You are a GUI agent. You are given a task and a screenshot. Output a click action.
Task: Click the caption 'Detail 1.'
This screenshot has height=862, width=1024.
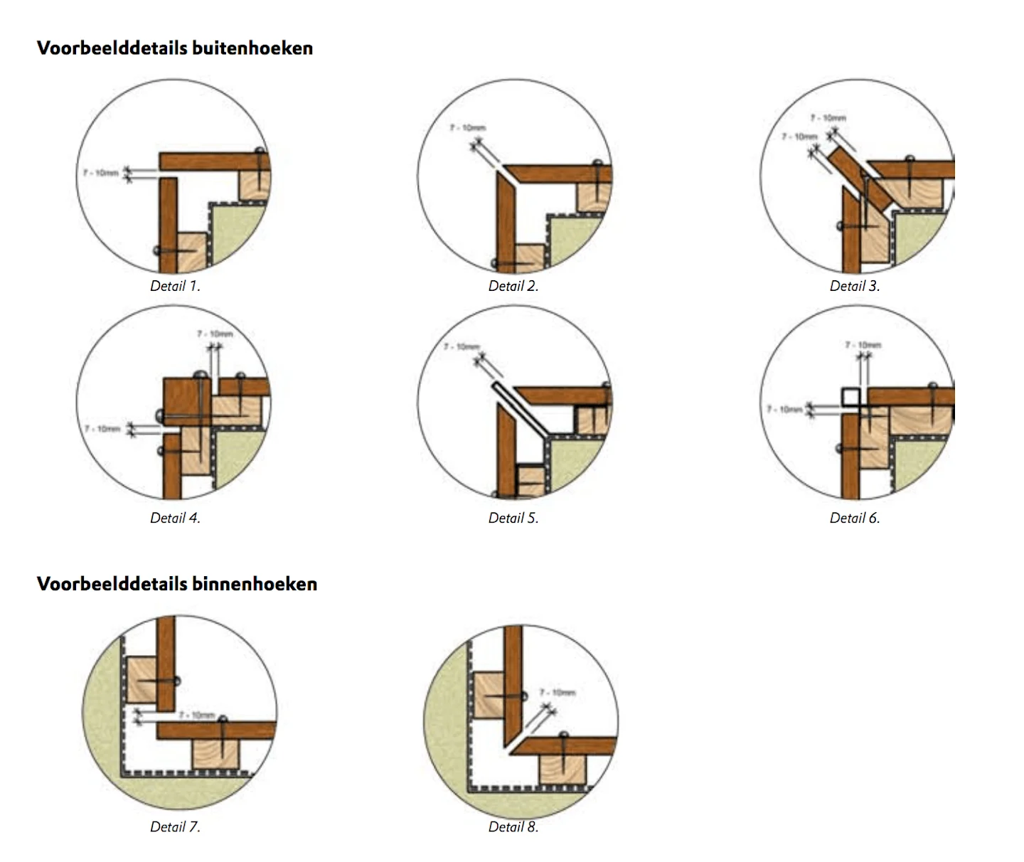(175, 286)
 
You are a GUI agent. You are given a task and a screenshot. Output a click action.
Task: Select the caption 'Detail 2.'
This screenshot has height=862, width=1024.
(513, 286)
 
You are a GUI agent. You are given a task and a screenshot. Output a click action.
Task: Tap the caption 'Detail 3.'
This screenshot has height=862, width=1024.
(855, 286)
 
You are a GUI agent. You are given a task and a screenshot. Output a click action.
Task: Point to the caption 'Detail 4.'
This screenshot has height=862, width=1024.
(175, 518)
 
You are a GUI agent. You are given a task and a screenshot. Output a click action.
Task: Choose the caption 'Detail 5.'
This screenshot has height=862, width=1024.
(513, 518)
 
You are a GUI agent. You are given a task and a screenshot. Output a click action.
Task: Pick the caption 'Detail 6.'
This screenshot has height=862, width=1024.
(855, 518)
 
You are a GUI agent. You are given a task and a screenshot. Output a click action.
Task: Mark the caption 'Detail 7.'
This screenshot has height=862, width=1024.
(175, 826)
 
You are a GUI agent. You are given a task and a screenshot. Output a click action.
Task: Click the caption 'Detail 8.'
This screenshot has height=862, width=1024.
(513, 826)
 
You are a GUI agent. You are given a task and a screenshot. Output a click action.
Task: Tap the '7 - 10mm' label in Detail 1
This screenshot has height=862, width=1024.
(100, 173)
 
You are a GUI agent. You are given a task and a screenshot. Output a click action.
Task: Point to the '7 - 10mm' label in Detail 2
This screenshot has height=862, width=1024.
(467, 128)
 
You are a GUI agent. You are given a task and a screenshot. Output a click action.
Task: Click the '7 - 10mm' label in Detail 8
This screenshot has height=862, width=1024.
(557, 692)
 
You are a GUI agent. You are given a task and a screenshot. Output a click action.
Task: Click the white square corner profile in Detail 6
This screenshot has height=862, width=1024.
(850, 397)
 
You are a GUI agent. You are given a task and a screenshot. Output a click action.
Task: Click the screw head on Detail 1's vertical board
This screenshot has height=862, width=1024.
(157, 251)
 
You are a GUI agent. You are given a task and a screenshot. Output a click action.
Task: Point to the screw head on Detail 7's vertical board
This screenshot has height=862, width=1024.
(176, 681)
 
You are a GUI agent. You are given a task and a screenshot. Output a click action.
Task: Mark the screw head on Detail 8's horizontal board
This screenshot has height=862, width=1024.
(563, 735)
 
